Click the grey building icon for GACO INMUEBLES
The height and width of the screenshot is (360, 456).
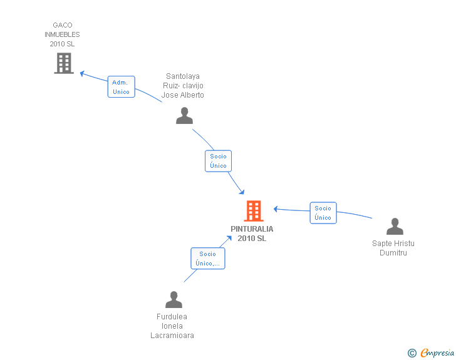[x=64, y=63]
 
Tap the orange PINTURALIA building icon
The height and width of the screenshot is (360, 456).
[x=254, y=211]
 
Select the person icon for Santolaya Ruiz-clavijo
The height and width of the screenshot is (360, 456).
[x=184, y=115]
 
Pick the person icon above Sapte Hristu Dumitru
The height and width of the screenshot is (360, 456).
[x=395, y=226]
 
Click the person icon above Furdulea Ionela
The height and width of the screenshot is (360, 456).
[x=174, y=299]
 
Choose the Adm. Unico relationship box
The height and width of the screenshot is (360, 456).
[x=122, y=86]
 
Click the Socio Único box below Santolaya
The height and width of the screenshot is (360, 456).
[x=218, y=161]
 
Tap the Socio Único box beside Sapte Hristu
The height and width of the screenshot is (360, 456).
[x=323, y=213]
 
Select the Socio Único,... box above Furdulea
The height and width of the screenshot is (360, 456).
[x=208, y=258]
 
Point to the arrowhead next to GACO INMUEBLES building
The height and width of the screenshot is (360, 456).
[x=82, y=73]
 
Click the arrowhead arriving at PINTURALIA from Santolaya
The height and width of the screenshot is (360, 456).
[x=242, y=192]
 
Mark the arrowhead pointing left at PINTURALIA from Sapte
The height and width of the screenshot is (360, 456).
[x=276, y=208]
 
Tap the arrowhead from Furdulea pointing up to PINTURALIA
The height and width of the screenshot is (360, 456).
[x=229, y=238]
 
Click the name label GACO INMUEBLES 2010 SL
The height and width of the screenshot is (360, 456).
[x=62, y=34]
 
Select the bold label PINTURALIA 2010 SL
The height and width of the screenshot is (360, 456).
[x=252, y=234]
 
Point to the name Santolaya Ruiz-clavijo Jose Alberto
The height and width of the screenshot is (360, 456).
[x=183, y=86]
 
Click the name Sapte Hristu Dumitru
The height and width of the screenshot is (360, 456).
[x=393, y=248]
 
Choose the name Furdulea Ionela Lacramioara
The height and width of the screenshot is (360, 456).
[x=172, y=326]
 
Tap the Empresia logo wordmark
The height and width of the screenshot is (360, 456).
[x=437, y=352]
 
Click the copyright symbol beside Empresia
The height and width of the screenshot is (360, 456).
[x=412, y=353]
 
